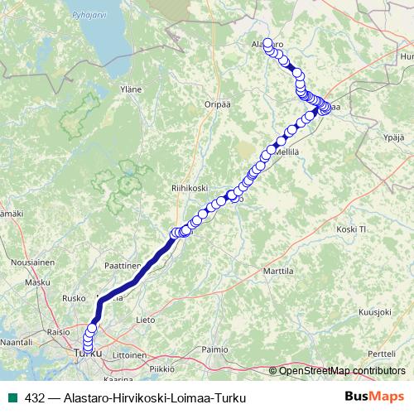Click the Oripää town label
click(x=217, y=104)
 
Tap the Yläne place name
click(x=131, y=89)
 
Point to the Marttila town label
click(x=278, y=271)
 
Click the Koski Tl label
click(x=352, y=229)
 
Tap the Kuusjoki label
click(x=374, y=312)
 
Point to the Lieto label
click(x=145, y=319)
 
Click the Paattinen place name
click(x=123, y=266)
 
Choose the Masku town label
click(x=37, y=282)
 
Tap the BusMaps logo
click(x=375, y=397)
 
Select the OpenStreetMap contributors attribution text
click(x=342, y=371)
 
